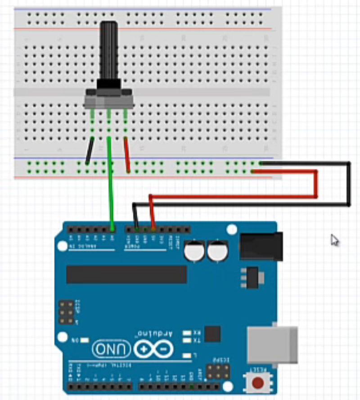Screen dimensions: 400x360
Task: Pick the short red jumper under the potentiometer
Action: [127, 155]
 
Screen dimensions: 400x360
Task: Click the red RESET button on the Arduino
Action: [258, 383]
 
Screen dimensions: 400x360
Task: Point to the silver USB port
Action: [272, 344]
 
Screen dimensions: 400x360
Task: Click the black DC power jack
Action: [261, 246]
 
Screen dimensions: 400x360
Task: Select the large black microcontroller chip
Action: [126, 274]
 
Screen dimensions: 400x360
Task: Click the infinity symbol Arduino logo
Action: [153, 349]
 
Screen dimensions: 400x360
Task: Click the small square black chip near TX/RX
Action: [212, 334]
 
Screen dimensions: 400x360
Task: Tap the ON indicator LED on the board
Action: [84, 341]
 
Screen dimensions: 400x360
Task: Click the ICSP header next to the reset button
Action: [218, 371]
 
